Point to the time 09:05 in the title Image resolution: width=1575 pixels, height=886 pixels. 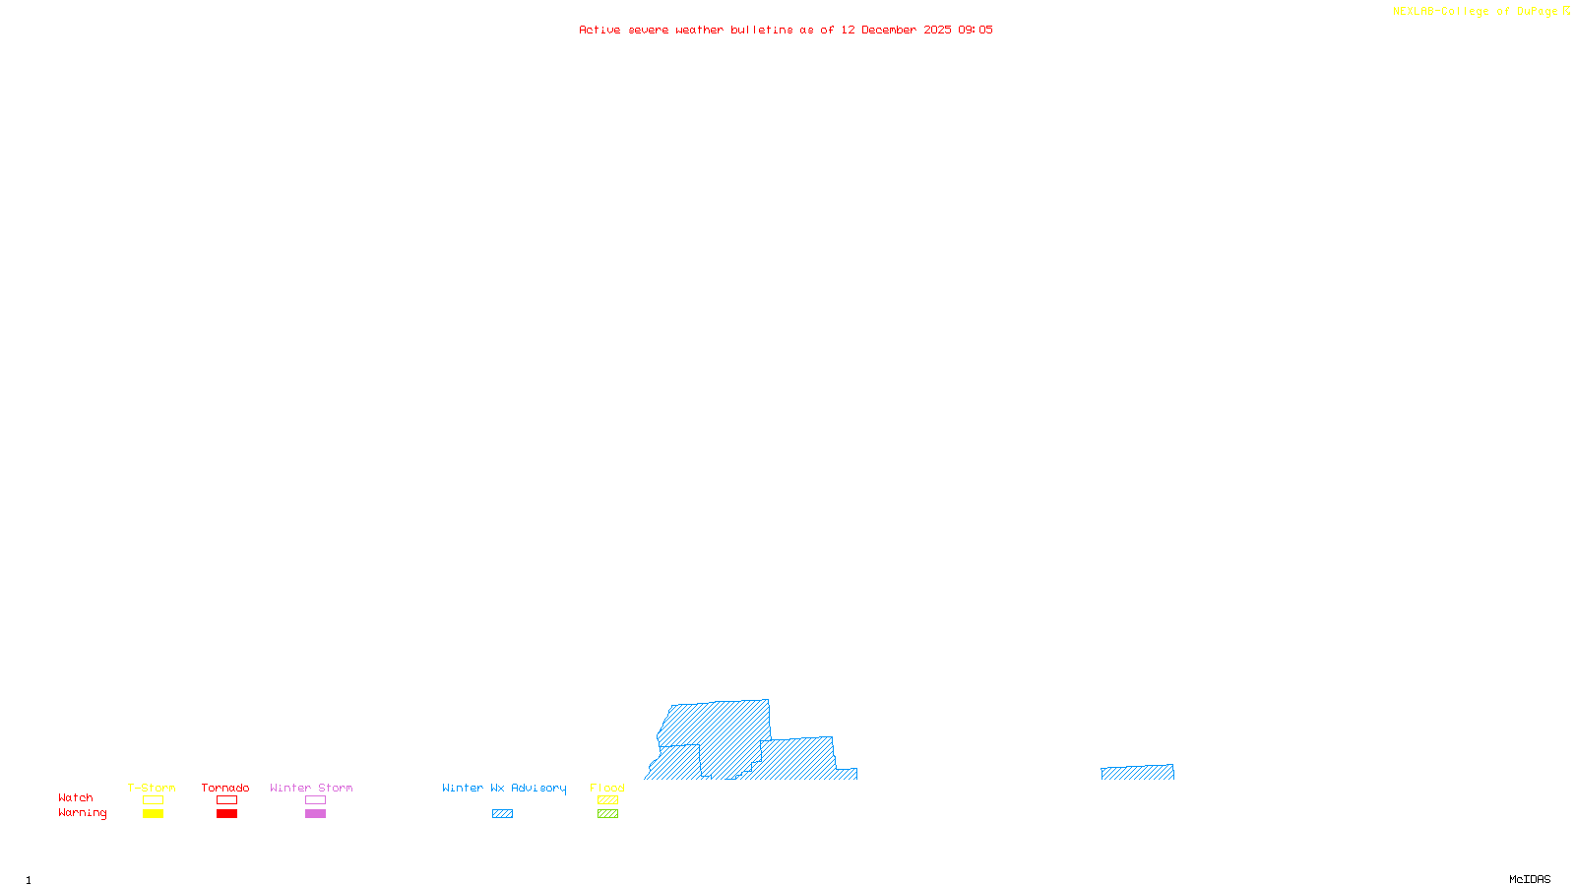click(976, 30)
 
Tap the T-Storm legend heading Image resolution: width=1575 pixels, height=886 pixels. click(152, 788)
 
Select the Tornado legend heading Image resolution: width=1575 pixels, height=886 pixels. click(225, 788)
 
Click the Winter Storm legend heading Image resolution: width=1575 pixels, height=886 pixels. click(311, 788)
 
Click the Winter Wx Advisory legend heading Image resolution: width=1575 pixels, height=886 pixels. click(504, 788)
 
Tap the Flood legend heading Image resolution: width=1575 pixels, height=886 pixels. click(607, 788)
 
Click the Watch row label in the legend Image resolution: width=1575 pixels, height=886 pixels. click(76, 797)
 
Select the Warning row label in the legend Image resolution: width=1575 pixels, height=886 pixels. click(82, 813)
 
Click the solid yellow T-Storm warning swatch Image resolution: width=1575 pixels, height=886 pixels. click(153, 814)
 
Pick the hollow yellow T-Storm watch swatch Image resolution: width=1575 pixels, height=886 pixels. click(153, 800)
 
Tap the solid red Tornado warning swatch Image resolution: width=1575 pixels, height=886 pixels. click(226, 814)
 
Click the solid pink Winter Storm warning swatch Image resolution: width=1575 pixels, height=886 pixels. click(315, 814)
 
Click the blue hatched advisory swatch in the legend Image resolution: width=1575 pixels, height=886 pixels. click(502, 814)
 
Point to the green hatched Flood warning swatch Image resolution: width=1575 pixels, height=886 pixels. click(607, 814)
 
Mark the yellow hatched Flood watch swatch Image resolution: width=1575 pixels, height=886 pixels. click(607, 800)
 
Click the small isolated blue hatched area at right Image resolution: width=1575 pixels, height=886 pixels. click(1137, 773)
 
